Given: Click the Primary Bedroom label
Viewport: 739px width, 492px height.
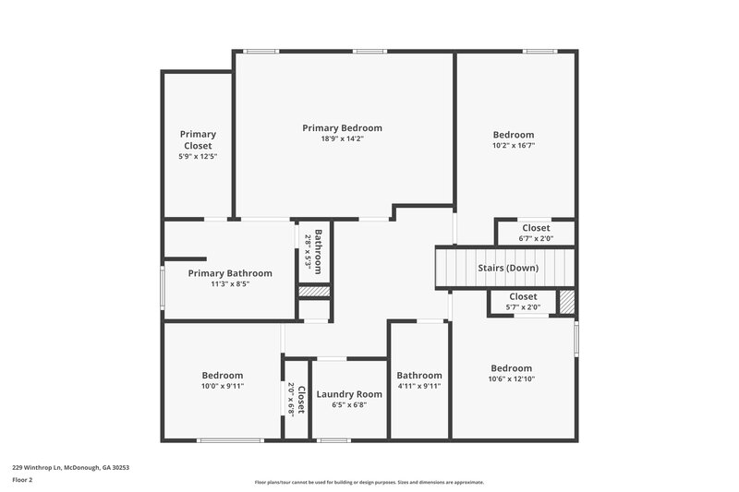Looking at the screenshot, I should pyautogui.click(x=342, y=128).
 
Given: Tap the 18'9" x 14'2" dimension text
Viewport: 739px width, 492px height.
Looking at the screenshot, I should pyautogui.click(x=342, y=139).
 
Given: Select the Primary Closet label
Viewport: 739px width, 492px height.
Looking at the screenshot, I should pyautogui.click(x=198, y=139).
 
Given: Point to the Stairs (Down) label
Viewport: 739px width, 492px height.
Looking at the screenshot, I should pyautogui.click(x=507, y=268).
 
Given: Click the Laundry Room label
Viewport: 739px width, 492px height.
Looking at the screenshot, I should pyautogui.click(x=348, y=394).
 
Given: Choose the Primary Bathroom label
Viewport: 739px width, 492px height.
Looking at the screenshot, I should pyautogui.click(x=230, y=273).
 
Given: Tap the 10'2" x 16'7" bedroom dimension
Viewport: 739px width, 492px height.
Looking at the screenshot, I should pyautogui.click(x=513, y=145).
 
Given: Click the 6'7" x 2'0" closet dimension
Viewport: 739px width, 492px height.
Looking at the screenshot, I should pyautogui.click(x=536, y=239).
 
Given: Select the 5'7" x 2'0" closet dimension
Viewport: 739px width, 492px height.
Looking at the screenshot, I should pyautogui.click(x=523, y=307).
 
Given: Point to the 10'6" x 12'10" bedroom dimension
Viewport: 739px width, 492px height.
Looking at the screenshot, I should pyautogui.click(x=512, y=378).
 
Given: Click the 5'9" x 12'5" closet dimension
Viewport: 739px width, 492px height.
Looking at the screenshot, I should pyautogui.click(x=198, y=157).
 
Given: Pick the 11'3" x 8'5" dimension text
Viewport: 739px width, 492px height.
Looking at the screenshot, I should pyautogui.click(x=230, y=284).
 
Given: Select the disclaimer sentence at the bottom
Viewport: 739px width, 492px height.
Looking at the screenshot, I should pyautogui.click(x=369, y=482).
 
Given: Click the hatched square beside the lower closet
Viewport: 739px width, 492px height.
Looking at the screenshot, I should pyautogui.click(x=567, y=302).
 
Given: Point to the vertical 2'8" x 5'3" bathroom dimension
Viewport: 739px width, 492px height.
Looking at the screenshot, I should pyautogui.click(x=309, y=251).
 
